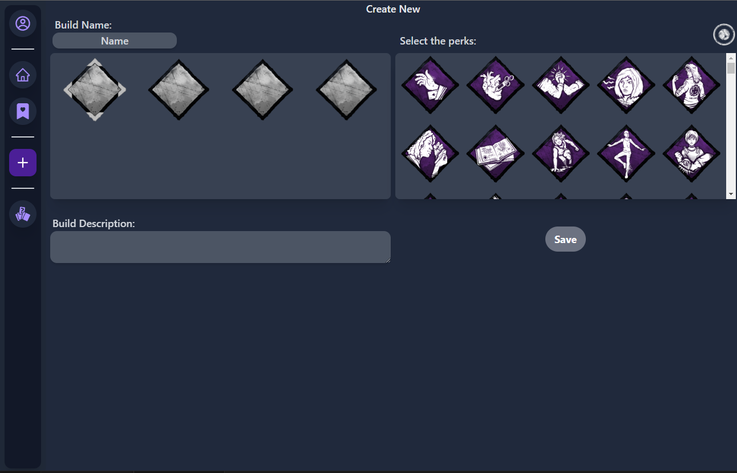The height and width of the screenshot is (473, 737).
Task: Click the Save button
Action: point(565,240)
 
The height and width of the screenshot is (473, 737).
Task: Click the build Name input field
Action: point(115,41)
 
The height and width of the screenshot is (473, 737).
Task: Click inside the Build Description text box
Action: point(220,247)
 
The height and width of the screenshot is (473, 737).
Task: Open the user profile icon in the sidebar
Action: point(23,23)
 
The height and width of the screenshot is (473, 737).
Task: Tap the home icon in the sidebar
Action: point(23,75)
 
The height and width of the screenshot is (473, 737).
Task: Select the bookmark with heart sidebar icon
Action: point(23,111)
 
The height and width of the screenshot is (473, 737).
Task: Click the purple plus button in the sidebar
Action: point(23,163)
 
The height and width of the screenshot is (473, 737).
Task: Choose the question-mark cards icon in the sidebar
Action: point(23,214)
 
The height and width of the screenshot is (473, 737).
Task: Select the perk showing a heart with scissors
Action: point(495,85)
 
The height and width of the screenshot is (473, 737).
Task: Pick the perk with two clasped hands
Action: point(561,85)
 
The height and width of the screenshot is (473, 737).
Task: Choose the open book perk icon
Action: point(495,153)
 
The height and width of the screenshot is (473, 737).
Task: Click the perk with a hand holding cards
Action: point(430,85)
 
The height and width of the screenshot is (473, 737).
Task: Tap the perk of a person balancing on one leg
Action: point(626,153)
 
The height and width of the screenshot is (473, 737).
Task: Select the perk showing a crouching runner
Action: point(561,153)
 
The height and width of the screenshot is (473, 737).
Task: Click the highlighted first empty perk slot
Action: point(95,90)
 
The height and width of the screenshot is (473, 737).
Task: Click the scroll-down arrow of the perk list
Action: point(731,195)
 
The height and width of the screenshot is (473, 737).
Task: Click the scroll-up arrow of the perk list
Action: point(731,58)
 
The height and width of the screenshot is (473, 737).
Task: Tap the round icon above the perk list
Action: point(724,35)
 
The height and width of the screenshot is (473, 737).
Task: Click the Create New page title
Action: point(393,9)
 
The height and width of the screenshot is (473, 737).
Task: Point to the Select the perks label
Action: point(438,41)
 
